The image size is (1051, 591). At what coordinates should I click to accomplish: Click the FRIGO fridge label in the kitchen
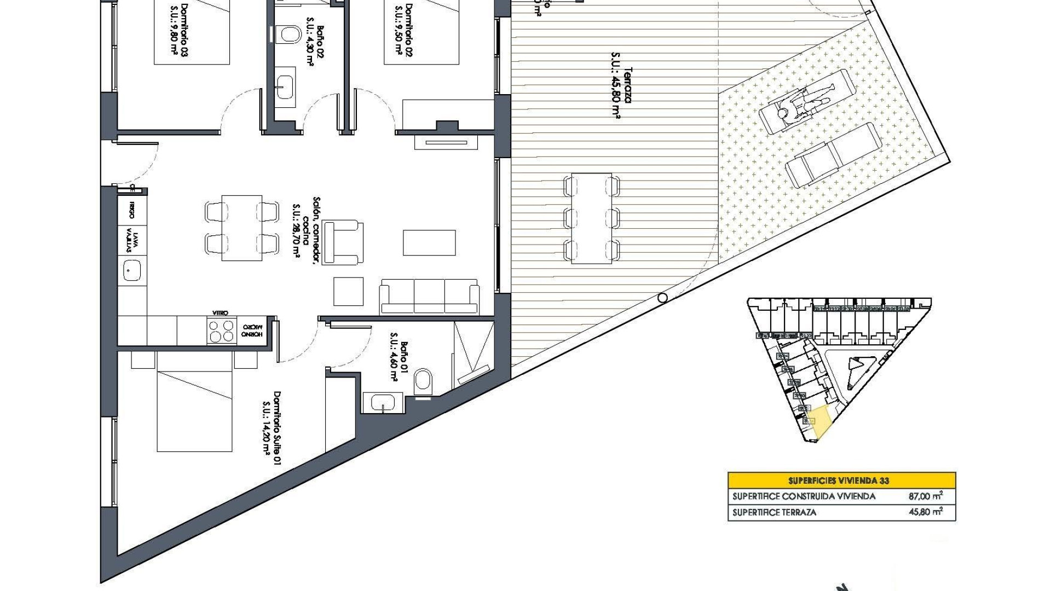[132, 208]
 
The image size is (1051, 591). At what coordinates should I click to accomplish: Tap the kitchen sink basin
[132, 270]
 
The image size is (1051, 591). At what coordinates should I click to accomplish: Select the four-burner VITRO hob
[221, 331]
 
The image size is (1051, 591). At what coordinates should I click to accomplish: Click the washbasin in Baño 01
[383, 403]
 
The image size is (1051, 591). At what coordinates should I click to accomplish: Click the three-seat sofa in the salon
[429, 296]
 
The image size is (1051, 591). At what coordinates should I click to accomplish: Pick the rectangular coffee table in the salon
[429, 242]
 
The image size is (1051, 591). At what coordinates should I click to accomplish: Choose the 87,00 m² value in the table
[925, 496]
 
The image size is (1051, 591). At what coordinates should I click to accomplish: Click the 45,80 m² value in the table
[925, 512]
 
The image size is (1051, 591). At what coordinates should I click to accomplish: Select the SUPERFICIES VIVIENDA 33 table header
[841, 480]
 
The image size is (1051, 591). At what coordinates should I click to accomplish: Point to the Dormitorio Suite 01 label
[272, 427]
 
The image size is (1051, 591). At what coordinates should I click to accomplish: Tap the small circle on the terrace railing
[662, 298]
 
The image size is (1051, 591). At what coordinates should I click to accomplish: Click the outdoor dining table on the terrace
[591, 218]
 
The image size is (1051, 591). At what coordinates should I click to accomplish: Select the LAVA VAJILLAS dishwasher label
[132, 240]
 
